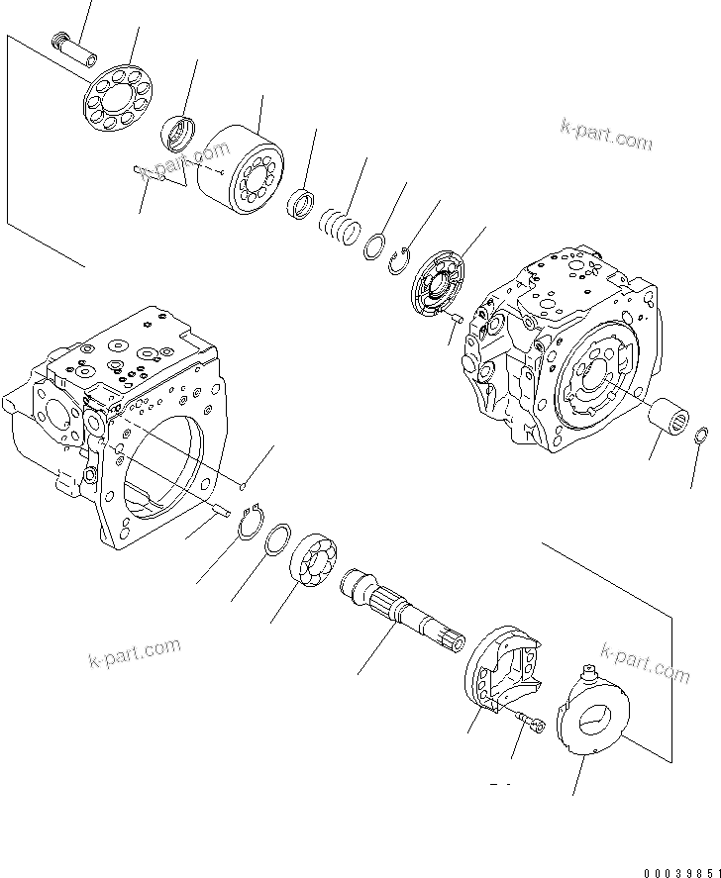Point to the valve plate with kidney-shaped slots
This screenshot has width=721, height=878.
pyautogui.click(x=436, y=285)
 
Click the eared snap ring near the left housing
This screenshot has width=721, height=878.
pyautogui.click(x=251, y=523)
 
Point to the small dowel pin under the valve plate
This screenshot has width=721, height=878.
pyautogui.click(x=456, y=318)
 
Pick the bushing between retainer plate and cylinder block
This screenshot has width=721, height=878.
pyautogui.click(x=180, y=132)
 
